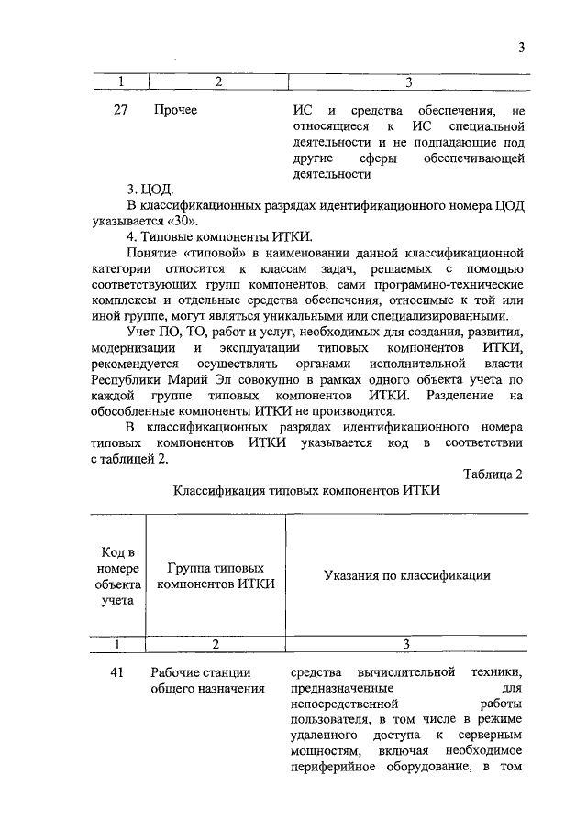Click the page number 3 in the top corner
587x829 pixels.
(520, 48)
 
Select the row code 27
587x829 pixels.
(118, 112)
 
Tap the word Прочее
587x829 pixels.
(175, 112)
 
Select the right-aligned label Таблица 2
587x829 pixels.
(493, 473)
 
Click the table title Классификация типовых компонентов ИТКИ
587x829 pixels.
(307, 490)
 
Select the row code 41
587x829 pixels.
(117, 673)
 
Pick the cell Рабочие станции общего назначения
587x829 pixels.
(207, 682)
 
